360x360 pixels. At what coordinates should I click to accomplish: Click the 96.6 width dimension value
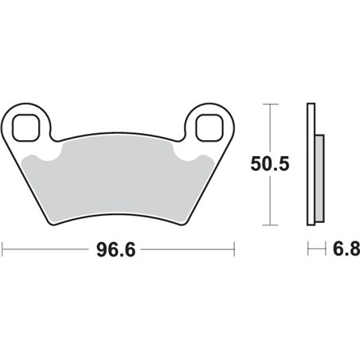116,250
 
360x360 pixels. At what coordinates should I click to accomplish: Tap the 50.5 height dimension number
270,164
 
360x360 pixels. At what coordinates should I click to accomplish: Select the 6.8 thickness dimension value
346,249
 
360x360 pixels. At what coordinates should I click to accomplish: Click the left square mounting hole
26,128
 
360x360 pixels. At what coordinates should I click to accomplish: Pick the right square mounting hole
209,128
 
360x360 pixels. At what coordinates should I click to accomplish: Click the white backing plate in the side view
311,164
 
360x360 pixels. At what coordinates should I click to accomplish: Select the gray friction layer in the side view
319,178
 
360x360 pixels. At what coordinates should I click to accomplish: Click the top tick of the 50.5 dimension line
270,104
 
